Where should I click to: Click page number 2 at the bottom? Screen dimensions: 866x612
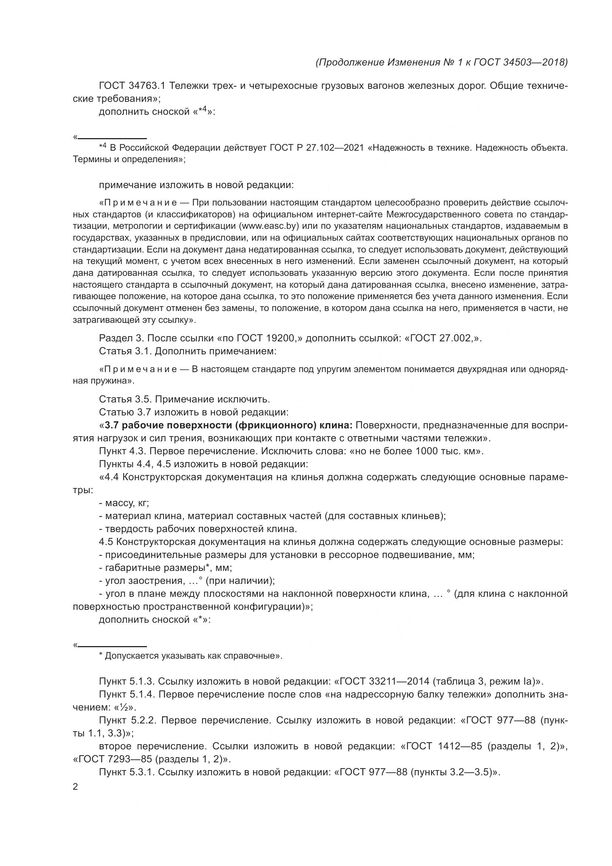coord(75,787)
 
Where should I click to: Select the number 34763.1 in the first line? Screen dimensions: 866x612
coord(147,86)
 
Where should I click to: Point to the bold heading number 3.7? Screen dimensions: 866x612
coord(112,425)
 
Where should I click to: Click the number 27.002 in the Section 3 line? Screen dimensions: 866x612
coord(455,338)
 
